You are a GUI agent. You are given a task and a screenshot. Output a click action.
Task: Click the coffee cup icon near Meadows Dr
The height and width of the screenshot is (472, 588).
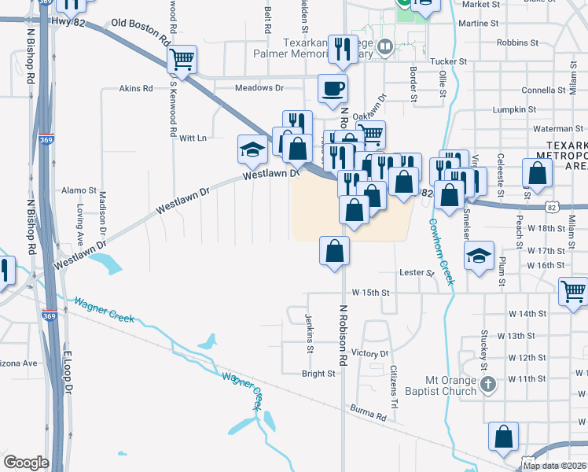332,88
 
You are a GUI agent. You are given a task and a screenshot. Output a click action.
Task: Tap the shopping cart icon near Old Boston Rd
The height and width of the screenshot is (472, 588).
182,59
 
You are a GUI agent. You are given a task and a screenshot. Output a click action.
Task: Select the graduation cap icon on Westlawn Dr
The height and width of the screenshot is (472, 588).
253,149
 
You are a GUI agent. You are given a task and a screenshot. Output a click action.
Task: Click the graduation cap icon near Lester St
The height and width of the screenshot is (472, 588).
479,256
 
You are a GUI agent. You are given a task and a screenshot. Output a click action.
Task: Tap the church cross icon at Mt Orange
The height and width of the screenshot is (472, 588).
488,385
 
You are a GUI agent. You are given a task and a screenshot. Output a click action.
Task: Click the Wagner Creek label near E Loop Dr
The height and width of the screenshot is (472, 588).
104,312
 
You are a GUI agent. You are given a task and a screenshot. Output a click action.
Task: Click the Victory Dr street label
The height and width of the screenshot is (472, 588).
370,353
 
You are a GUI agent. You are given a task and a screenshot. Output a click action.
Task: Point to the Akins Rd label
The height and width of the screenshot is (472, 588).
135,89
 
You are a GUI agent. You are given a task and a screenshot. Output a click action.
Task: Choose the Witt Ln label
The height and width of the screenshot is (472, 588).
193,138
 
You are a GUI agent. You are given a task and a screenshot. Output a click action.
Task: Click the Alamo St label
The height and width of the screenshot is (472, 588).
79,190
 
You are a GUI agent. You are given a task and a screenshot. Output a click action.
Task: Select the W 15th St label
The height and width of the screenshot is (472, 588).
371,293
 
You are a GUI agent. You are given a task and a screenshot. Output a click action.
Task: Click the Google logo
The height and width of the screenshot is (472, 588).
26,463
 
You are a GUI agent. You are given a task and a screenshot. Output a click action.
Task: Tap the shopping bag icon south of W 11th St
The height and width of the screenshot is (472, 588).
503,437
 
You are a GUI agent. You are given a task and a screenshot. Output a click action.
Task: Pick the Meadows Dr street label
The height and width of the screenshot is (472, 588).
259,88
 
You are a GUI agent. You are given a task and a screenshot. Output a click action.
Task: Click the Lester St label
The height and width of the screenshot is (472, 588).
417,273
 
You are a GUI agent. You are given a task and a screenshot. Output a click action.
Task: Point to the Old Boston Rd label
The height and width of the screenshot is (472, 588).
141,31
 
